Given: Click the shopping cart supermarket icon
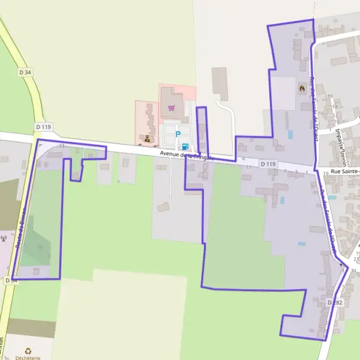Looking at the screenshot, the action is (172, 109).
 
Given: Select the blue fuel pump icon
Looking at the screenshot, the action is (184, 146).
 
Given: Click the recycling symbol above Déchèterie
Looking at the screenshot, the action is (27, 351).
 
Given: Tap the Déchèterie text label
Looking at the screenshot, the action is (28, 358).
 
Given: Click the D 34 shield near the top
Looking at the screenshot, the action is (25, 72).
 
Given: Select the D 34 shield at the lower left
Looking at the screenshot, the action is (11, 280).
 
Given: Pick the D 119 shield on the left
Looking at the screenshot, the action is (44, 127).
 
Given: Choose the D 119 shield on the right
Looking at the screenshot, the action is (268, 164).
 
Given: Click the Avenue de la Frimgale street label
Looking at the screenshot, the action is (187, 155).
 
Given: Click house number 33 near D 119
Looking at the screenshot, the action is (61, 146).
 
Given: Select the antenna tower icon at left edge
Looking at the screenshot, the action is (4, 239).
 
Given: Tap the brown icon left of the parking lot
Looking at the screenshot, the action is (148, 139).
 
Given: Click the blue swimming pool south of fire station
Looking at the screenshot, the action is (290, 135).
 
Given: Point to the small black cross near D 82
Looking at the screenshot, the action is (342, 264).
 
